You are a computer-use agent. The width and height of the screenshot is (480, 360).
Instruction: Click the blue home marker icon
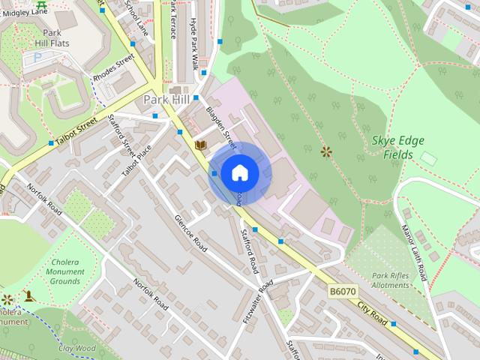click(239, 173)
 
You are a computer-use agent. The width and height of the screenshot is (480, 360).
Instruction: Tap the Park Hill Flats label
click(50, 38)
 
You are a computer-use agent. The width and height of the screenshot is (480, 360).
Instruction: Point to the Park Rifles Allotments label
click(390, 280)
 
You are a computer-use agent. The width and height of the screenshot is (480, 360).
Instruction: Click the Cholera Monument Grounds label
click(65, 271)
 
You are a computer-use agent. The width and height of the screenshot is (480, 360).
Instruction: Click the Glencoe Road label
click(190, 232)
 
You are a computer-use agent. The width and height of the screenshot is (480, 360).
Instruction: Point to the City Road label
click(372, 313)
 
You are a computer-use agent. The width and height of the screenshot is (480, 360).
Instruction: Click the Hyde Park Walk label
click(193, 44)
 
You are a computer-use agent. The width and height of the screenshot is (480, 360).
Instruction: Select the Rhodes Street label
click(113, 69)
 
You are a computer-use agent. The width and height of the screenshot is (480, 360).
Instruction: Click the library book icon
click(199, 144)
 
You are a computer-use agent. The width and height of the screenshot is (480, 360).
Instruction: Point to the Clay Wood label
click(77, 348)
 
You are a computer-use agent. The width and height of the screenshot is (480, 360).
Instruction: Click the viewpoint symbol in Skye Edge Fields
click(325, 151)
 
